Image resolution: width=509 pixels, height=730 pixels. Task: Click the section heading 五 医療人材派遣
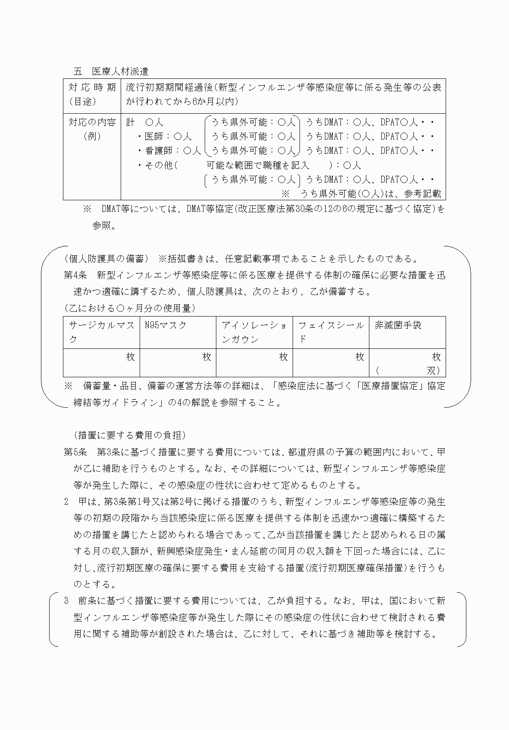pos(111,71)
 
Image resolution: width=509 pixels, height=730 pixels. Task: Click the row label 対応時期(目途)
pos(92,94)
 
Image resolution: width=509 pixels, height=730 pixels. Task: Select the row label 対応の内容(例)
pos(92,129)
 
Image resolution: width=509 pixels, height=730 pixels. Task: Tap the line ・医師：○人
pos(164,137)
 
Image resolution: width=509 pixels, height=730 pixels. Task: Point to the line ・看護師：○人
pos(169,151)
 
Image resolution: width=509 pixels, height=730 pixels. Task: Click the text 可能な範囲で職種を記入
pos(258,165)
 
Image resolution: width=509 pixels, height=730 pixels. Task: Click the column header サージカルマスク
pos(101,332)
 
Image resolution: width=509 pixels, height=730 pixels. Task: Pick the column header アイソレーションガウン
pos(254,332)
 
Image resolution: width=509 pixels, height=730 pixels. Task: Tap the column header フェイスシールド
pos(331,332)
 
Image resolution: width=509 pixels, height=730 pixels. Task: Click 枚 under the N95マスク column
pos(207,357)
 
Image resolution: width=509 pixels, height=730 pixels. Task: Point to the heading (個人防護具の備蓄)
pos(106,259)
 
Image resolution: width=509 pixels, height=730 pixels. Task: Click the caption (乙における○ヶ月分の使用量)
pos(129,308)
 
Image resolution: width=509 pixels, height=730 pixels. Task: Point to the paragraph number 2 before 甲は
pos(66,502)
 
